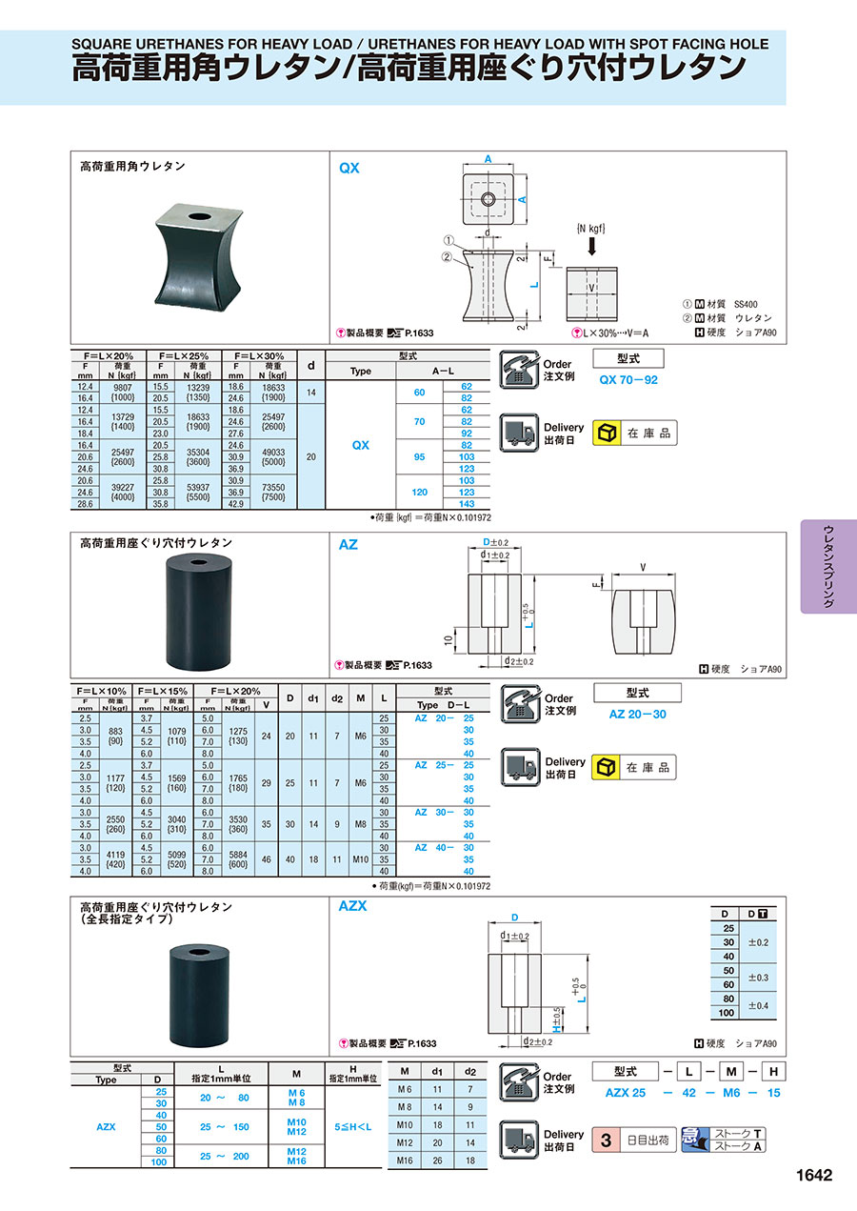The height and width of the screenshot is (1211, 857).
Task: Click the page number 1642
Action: [x=814, y=1175]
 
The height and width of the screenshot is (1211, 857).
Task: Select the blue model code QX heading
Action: [x=349, y=168]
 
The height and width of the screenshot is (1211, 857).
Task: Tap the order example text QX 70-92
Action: [x=628, y=379]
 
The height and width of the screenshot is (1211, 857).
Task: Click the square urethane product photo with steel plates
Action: [x=201, y=258]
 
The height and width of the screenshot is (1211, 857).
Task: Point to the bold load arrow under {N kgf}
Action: [x=591, y=247]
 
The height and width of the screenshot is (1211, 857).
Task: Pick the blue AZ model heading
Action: [x=349, y=545]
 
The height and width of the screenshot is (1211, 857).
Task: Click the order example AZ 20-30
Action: [x=637, y=714]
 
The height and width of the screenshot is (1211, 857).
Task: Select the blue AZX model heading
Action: [x=352, y=906]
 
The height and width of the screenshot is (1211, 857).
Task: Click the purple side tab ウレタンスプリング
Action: [x=828, y=566]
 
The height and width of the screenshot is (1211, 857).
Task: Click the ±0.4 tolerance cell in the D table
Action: [x=761, y=1005]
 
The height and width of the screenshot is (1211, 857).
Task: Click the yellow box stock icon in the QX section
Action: [x=606, y=434]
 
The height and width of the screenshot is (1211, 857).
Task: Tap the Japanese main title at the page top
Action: [x=409, y=68]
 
